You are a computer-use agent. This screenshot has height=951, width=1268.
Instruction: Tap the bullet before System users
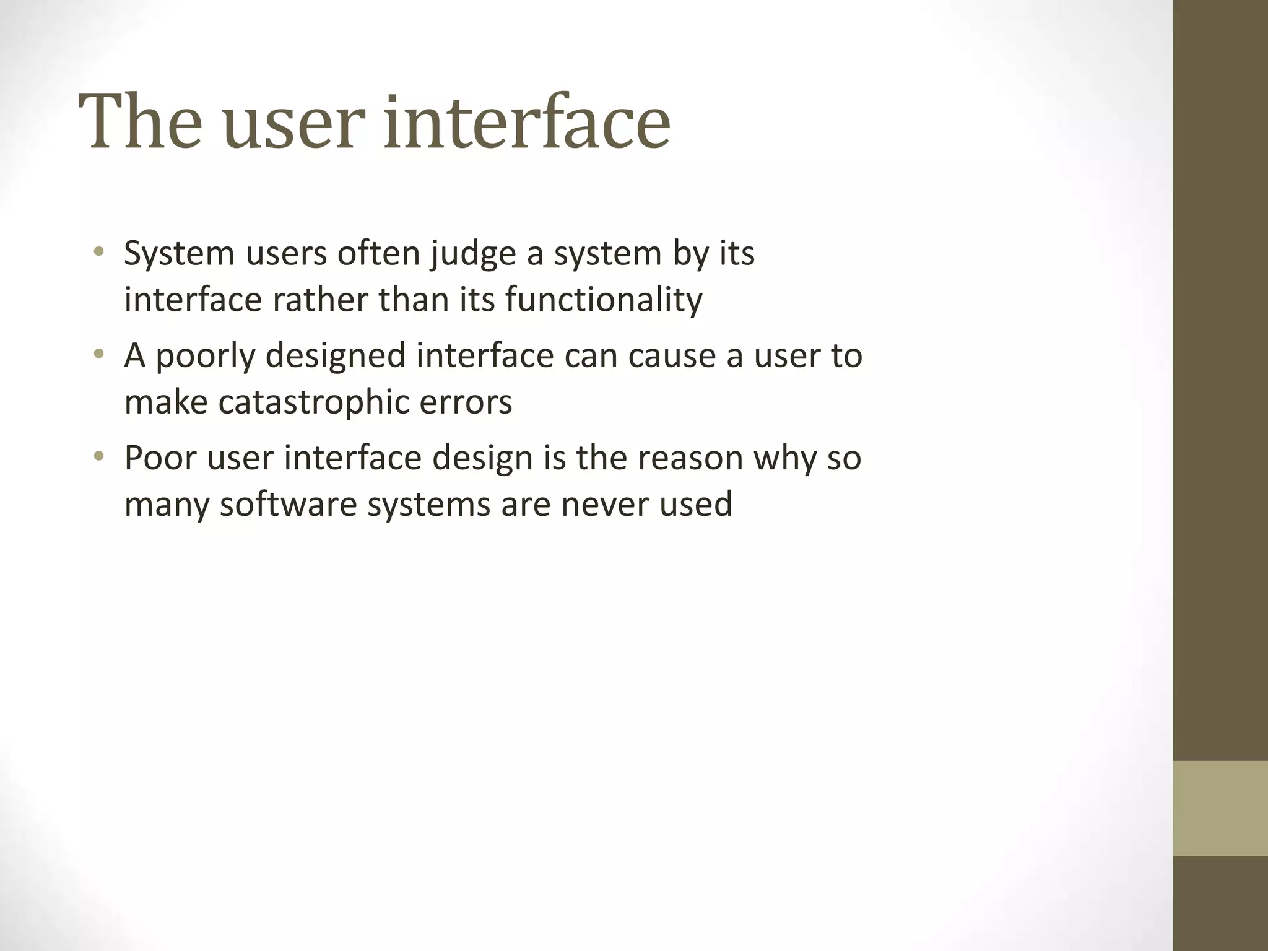pos(98,253)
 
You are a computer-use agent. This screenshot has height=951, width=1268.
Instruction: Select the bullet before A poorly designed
pos(98,355)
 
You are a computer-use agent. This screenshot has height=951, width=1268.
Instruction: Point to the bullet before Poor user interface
pos(98,457)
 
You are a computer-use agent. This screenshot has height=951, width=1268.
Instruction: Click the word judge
pos(474,254)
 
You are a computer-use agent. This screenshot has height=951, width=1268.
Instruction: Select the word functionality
pos(604,300)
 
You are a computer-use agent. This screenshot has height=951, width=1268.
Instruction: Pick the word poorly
pos(205,357)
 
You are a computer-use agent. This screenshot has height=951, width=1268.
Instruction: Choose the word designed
pos(336,357)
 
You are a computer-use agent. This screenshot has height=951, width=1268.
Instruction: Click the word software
pos(288,504)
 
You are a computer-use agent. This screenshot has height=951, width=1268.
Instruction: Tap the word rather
pos(320,300)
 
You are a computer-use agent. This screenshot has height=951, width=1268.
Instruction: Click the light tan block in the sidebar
pos(1220,808)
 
